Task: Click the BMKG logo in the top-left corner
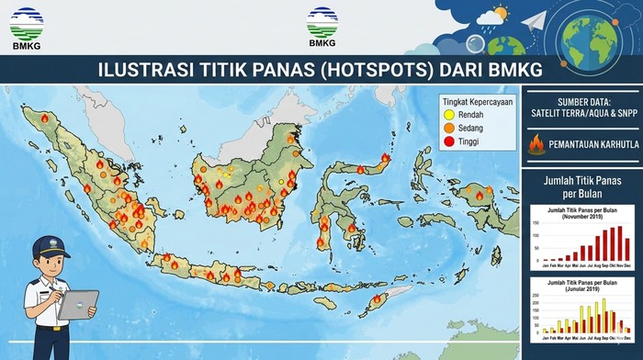26,28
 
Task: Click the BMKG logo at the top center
321,28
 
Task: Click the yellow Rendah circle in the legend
448,115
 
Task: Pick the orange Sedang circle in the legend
448,129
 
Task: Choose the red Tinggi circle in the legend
448,144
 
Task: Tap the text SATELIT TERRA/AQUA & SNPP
581,113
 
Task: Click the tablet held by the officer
80,305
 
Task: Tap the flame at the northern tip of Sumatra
44,118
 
